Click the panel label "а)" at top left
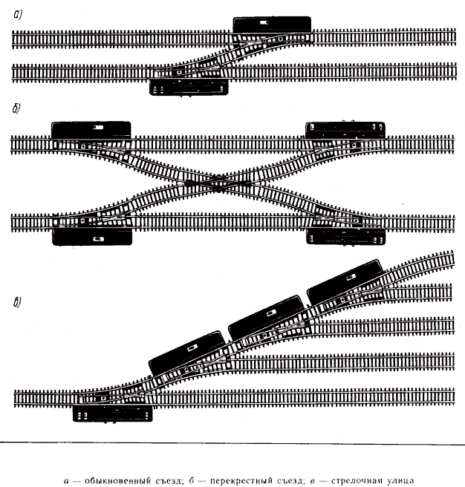pyautogui.click(x=18, y=14)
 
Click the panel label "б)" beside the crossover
pyautogui.click(x=16, y=108)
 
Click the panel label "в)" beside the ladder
pyautogui.click(x=17, y=302)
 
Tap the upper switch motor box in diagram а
pyautogui.click(x=272, y=24)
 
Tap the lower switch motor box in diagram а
pyautogui.click(x=189, y=88)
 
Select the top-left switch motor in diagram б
pyautogui.click(x=91, y=130)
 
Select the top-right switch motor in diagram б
pyautogui.click(x=345, y=131)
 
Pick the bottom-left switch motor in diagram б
pyautogui.click(x=92, y=237)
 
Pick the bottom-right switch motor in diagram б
pyautogui.click(x=346, y=237)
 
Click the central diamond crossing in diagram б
pyautogui.click(x=218, y=183)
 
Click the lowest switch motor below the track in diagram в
pyautogui.click(x=112, y=414)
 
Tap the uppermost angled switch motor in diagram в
pyautogui.click(x=345, y=281)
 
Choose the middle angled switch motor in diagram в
pyautogui.click(x=267, y=318)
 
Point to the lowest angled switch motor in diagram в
pyautogui.click(x=187, y=353)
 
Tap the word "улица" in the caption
pyautogui.click(x=400, y=481)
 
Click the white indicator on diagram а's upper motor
pyautogui.click(x=264, y=22)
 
